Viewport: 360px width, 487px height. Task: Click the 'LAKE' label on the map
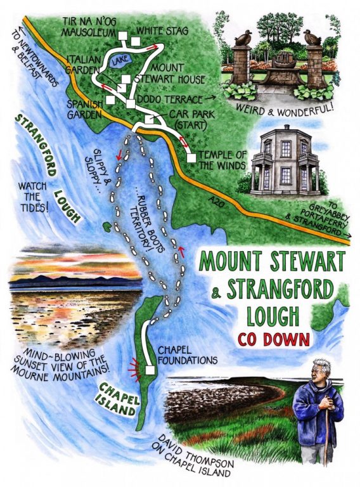click(117, 62)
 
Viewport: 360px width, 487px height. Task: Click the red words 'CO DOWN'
click(274, 338)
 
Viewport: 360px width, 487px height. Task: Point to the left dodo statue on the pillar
click(243, 37)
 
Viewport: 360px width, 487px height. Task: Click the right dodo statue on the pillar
click(312, 37)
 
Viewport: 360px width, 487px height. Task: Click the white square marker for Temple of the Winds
click(191, 157)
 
